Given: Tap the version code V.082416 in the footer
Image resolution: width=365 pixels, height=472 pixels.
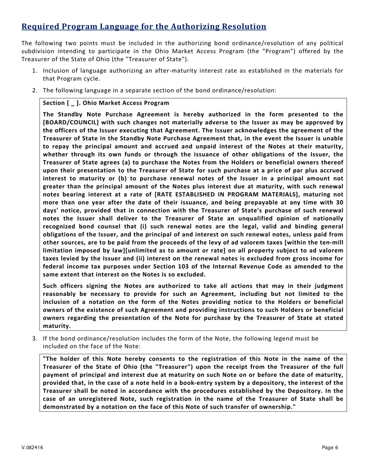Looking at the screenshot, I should tap(32, 447).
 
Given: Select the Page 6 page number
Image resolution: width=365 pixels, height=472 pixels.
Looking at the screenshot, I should tap(330, 447).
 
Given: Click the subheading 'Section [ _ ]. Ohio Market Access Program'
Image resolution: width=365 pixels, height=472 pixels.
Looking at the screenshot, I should tap(106, 103).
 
